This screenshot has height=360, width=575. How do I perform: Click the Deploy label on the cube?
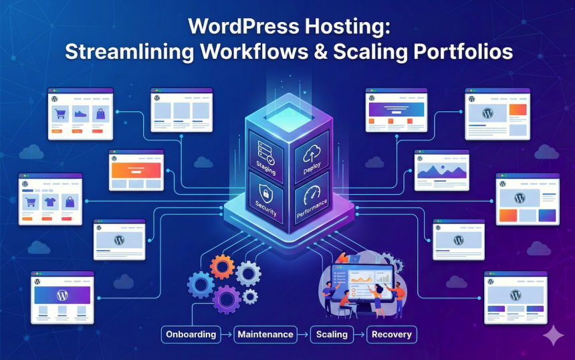(x=312, y=167)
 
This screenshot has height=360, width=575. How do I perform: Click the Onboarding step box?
(x=191, y=334)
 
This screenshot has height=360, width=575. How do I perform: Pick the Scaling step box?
(x=332, y=334)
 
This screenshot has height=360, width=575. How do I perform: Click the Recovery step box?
(x=392, y=334)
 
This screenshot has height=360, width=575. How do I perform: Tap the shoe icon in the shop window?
(x=80, y=114)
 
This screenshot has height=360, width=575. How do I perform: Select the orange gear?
(x=222, y=267)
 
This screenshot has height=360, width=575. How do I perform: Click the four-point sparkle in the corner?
(x=554, y=335)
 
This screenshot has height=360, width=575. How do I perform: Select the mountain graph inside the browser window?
(x=441, y=171)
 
